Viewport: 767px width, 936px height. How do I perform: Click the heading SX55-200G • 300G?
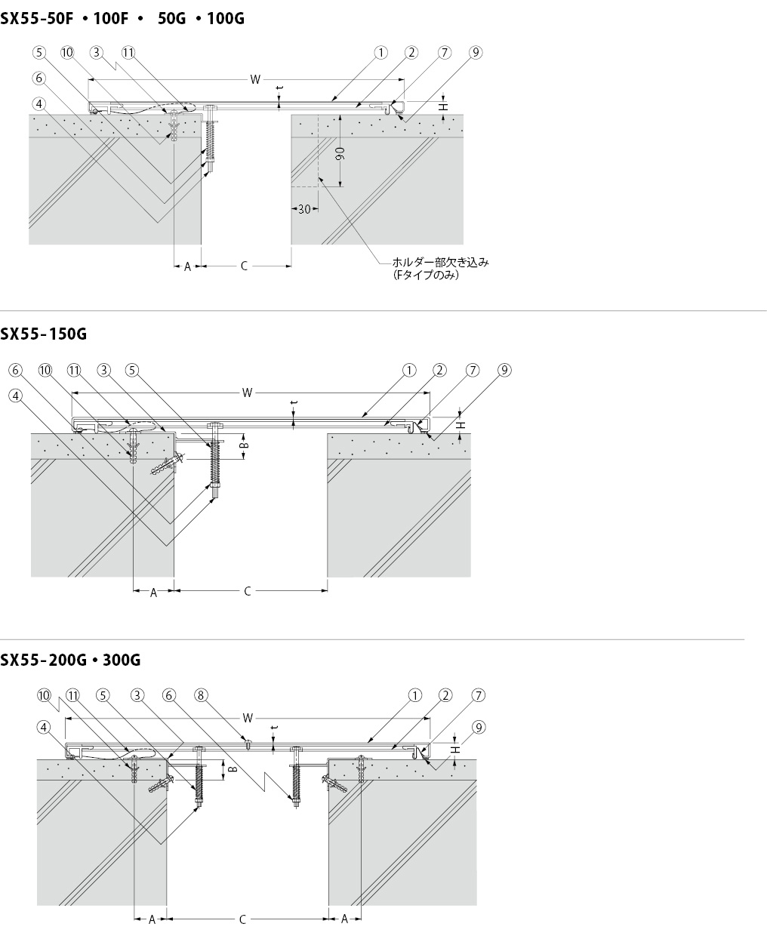coord(70,660)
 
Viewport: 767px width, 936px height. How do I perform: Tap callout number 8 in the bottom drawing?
coord(201,695)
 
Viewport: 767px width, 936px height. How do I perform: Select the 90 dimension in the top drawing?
coord(340,153)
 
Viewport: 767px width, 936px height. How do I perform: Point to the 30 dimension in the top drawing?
coord(304,209)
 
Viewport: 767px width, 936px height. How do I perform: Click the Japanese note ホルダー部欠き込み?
coord(440,263)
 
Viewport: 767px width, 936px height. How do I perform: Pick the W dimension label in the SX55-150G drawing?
coord(247,393)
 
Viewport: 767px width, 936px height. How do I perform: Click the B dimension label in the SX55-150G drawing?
coord(244,445)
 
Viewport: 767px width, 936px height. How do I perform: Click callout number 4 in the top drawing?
coord(39,104)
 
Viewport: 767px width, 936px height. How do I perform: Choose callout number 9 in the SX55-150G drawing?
coord(505,370)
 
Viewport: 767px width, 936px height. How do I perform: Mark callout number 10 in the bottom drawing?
coord(44,695)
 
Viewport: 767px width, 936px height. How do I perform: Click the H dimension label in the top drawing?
coord(443,107)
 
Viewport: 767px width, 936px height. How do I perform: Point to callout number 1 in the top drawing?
coord(380,53)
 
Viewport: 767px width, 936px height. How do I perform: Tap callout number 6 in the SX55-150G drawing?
coord(16,370)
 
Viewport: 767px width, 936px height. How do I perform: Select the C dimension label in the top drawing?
coord(244,266)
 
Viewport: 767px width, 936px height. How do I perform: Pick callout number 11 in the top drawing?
coord(128,53)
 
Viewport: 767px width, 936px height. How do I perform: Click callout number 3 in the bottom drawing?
coord(137,695)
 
